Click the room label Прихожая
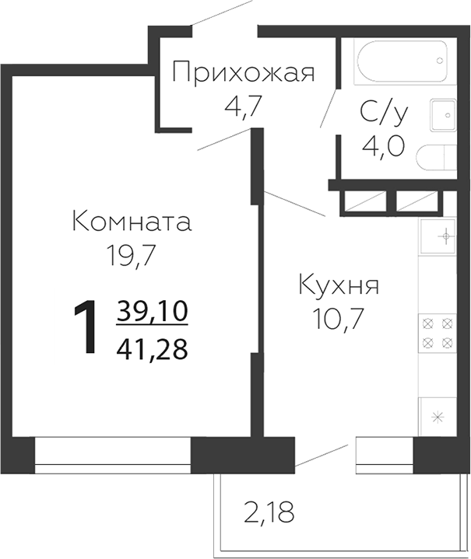(x=243, y=74)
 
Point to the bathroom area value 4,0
(x=384, y=146)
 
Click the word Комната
(x=132, y=222)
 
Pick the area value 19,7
(x=132, y=255)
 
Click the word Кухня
(x=339, y=285)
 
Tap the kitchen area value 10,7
(x=339, y=318)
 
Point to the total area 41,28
(x=153, y=350)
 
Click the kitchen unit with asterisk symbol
(x=437, y=416)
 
